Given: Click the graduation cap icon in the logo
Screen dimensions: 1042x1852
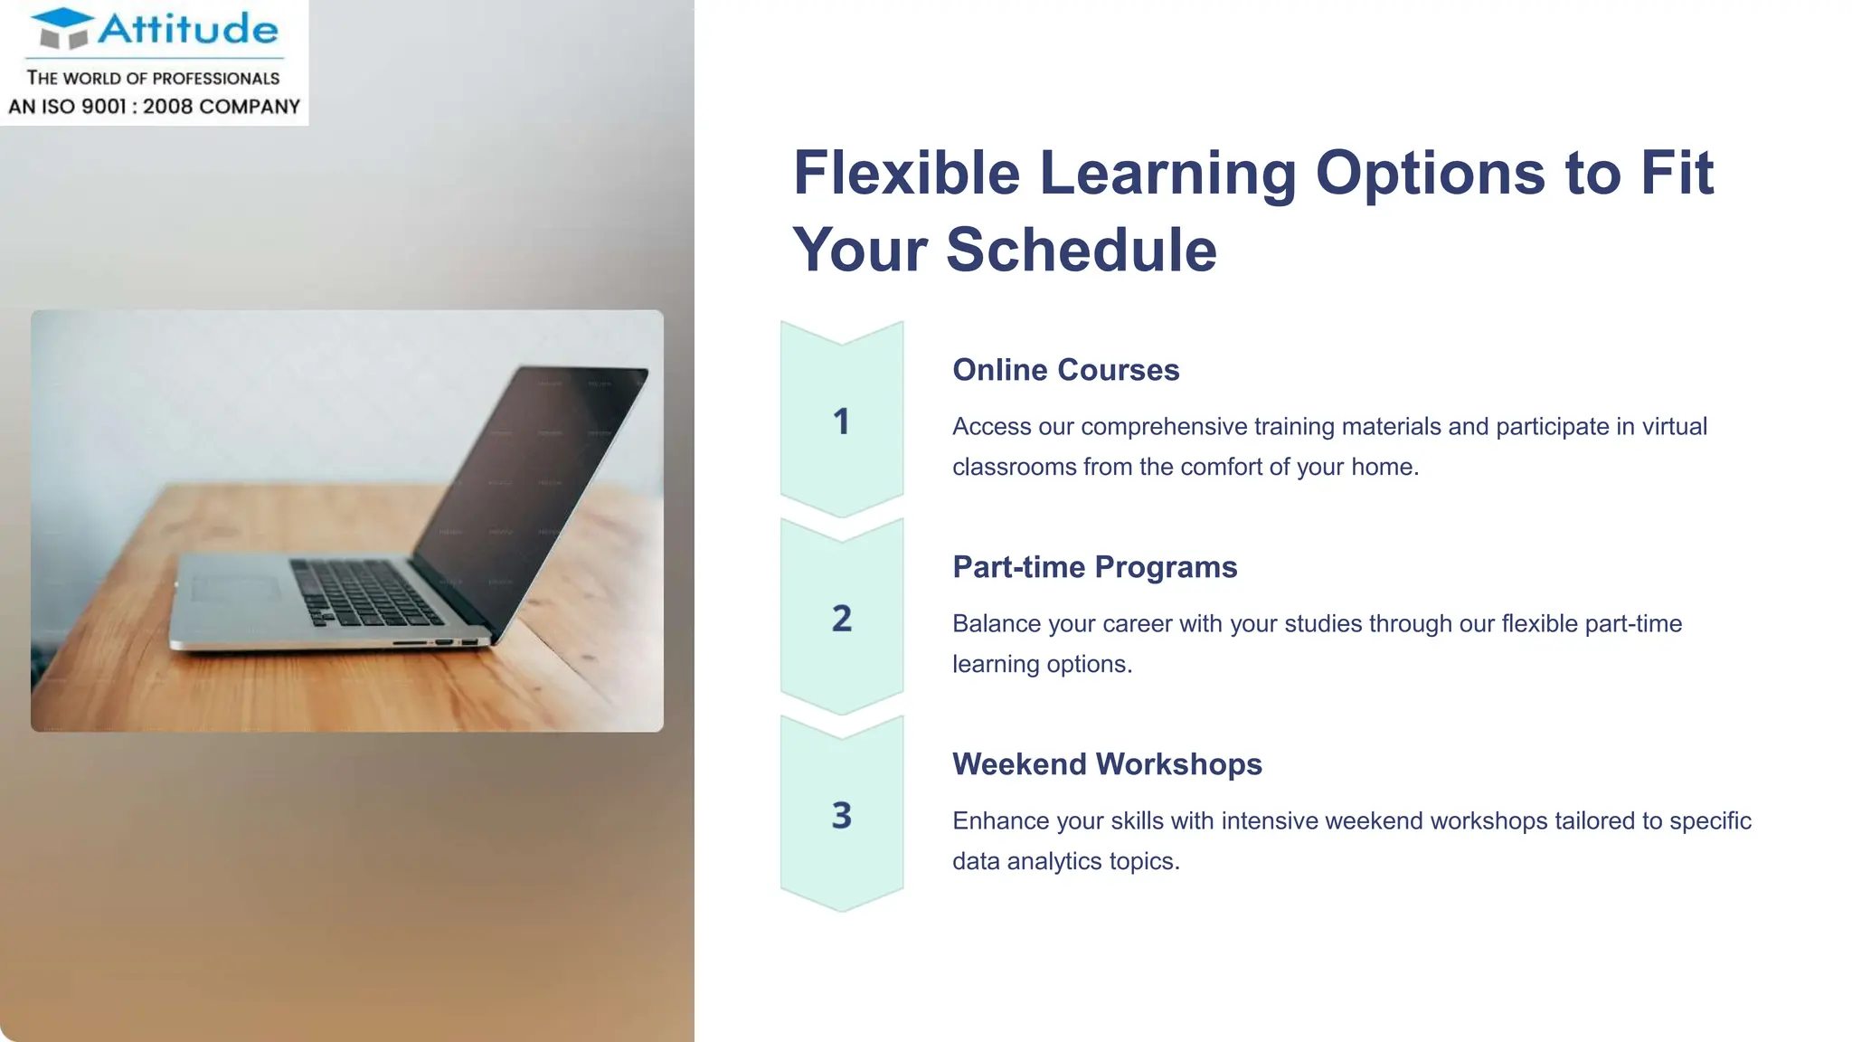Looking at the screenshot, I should (x=62, y=28).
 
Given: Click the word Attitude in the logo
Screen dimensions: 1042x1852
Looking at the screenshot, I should (x=188, y=29).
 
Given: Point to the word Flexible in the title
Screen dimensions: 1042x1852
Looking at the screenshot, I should (x=906, y=173).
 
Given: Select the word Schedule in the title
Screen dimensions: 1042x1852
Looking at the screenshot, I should (x=1082, y=250).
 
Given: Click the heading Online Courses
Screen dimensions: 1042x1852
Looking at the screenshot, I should (x=1065, y=370).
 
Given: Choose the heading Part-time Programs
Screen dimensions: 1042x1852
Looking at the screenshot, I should (x=1094, y=567).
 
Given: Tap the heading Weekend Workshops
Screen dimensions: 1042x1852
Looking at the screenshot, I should (x=1107, y=764).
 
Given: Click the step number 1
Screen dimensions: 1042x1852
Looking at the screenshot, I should (x=841, y=422).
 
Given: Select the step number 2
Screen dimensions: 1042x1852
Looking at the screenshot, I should (x=841, y=619).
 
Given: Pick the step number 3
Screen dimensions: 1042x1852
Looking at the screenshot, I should (x=841, y=816).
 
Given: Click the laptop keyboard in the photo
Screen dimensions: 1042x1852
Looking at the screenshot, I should (x=366, y=592).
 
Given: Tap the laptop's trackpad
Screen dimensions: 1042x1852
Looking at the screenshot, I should (x=237, y=589).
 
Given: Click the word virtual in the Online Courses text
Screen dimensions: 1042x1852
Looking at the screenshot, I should (x=1674, y=426).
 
